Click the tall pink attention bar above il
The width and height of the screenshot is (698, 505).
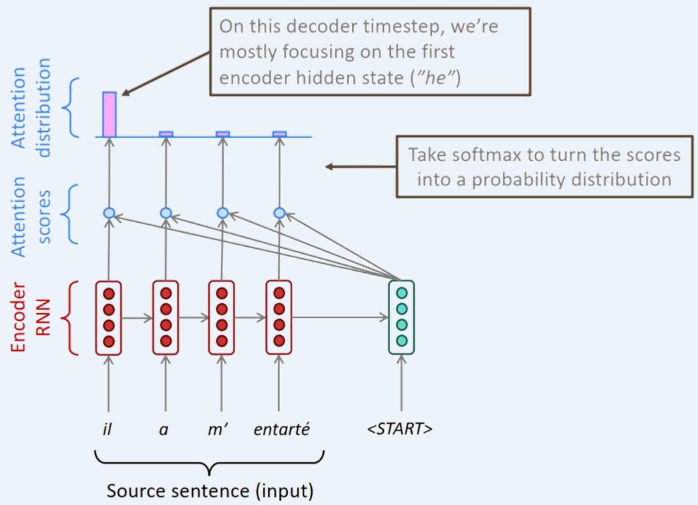[110, 114]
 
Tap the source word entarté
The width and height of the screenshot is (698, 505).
[282, 429]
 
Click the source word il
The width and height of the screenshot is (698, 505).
[107, 429]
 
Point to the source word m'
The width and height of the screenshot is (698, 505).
[218, 429]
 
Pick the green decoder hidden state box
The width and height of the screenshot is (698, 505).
[401, 317]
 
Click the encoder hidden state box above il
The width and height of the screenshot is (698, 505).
[109, 318]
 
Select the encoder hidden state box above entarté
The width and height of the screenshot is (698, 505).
[279, 318]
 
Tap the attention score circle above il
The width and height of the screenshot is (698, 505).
[109, 213]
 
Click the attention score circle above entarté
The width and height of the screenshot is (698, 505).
[280, 213]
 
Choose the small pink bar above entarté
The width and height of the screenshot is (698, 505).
[280, 134]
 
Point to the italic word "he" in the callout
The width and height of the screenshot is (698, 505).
[435, 78]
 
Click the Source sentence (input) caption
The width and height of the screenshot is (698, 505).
[210, 490]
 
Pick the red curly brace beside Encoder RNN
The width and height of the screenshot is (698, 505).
[71, 318]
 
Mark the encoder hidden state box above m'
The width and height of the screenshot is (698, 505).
[222, 318]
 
